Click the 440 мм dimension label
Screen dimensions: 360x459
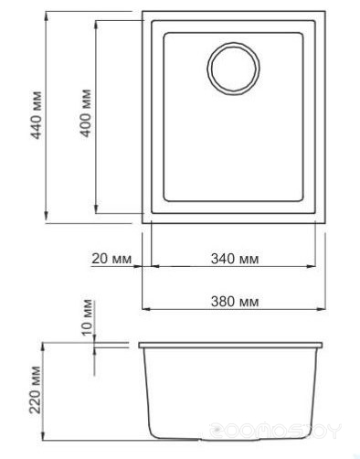[37, 115]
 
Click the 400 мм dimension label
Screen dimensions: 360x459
[85, 112]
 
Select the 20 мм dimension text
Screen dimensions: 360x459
[111, 259]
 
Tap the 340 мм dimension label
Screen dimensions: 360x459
[235, 259]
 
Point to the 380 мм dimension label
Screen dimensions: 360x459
[235, 302]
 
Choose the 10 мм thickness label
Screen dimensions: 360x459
[87, 317]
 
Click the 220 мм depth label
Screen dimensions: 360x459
[35, 390]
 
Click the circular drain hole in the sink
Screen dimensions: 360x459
[234, 69]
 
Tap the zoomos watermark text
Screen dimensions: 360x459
[276, 431]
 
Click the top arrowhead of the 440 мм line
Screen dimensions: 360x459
[46, 16]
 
